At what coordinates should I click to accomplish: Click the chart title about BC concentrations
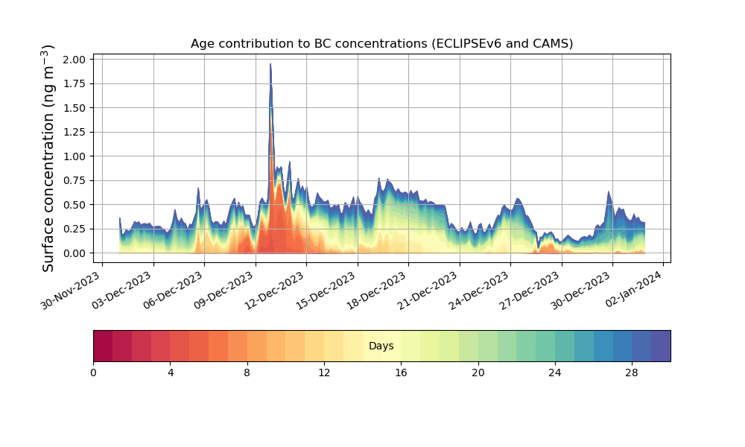381,43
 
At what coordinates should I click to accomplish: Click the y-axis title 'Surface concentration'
48,158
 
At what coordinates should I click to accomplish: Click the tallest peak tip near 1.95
270,65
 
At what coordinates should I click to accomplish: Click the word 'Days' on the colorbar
381,346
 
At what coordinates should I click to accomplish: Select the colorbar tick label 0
93,372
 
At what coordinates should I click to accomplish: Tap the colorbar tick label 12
324,372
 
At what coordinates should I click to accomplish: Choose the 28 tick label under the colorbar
632,372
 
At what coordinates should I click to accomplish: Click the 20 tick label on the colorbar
478,372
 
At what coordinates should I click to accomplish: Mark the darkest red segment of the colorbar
103,346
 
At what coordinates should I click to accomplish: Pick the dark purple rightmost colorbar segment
661,346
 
